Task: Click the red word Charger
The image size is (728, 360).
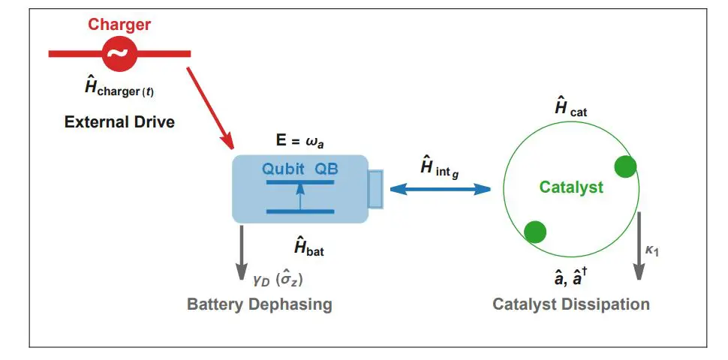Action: pyautogui.click(x=119, y=25)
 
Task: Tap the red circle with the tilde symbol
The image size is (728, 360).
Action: pyautogui.click(x=119, y=53)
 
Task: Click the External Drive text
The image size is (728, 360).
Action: pyautogui.click(x=119, y=121)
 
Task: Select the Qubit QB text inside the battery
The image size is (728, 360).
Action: pyautogui.click(x=299, y=169)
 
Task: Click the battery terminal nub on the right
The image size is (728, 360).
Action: pyautogui.click(x=375, y=189)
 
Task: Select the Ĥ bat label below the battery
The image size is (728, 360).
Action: pyautogui.click(x=308, y=246)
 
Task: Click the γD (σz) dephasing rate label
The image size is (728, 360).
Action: pyautogui.click(x=278, y=280)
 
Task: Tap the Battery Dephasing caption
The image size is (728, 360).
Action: pyautogui.click(x=259, y=304)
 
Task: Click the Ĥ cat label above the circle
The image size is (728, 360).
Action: pyautogui.click(x=570, y=108)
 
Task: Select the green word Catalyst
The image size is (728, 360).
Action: pyautogui.click(x=571, y=187)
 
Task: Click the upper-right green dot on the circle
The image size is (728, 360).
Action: pyautogui.click(x=625, y=166)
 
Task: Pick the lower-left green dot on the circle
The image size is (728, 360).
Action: pyautogui.click(x=534, y=232)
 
